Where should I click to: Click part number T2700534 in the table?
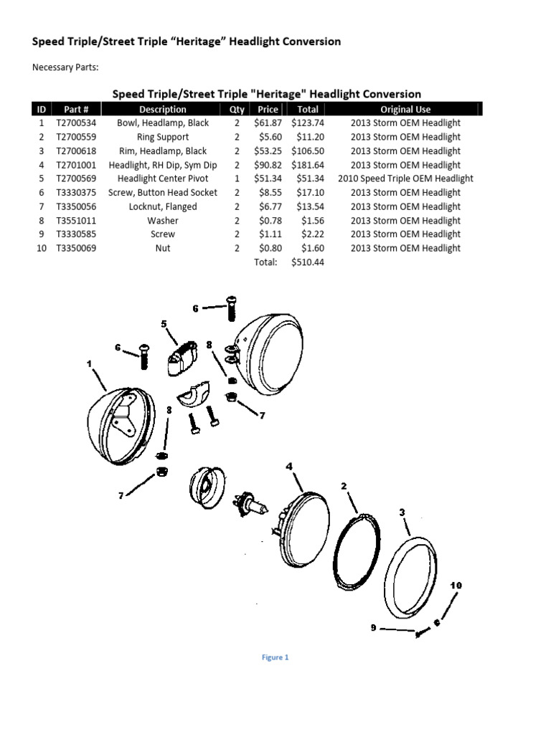76,123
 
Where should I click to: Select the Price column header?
268,110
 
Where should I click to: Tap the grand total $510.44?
308,262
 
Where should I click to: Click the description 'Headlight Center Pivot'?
162,178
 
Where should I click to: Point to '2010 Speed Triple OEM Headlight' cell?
405,178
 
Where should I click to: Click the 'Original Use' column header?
405,110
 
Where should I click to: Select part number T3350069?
76,248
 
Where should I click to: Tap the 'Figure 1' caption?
275,657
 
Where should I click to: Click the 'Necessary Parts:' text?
65,68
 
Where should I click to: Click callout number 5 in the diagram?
164,324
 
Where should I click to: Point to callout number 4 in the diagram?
289,467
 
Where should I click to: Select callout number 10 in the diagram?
456,586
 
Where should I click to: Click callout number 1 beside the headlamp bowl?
90,364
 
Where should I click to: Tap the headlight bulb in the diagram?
255,502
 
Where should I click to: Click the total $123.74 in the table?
308,123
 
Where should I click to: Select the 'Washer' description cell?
162,221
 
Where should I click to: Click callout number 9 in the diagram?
373,628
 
